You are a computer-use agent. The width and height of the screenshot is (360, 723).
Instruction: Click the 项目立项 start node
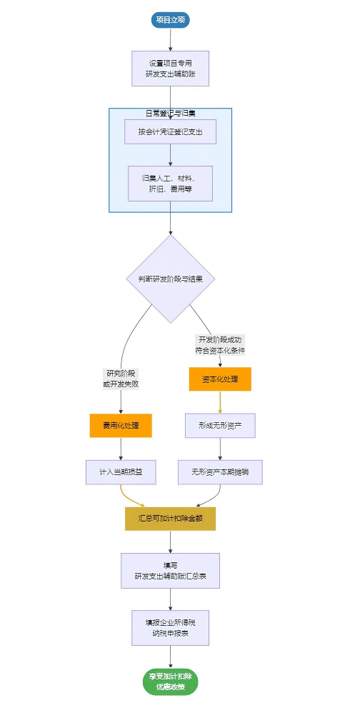coord(170,20)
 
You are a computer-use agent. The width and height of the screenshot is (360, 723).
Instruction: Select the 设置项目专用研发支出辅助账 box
coord(170,69)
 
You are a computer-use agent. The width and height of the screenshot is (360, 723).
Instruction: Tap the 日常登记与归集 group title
coord(170,113)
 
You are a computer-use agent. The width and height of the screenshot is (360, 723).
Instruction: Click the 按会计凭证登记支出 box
coord(170,131)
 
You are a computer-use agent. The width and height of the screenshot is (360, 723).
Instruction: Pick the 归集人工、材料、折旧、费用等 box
coord(170,183)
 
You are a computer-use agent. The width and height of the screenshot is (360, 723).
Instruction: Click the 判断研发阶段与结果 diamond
coord(170,279)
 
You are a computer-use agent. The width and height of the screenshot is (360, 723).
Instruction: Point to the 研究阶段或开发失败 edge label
coord(121,378)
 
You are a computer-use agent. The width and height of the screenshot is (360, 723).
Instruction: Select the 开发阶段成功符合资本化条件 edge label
coord(220,344)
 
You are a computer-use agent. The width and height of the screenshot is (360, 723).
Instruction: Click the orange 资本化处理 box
coord(220,379)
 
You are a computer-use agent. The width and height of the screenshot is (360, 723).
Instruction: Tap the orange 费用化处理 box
coord(121,426)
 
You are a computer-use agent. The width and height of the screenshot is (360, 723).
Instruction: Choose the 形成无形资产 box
coord(220,426)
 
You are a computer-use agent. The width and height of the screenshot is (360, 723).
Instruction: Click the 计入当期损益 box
coord(121,472)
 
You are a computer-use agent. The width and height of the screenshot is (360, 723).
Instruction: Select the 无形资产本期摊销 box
coord(220,472)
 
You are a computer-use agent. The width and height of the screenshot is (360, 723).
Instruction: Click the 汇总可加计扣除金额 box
coord(170,518)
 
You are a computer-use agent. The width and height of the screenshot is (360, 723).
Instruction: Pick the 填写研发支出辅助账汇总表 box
coord(170,570)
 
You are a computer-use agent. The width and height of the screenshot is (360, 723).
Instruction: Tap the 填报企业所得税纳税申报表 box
coord(170,627)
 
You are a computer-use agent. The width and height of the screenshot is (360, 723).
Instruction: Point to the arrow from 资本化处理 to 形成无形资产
coord(220,402)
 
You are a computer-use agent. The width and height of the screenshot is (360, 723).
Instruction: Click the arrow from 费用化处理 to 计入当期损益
coord(121,448)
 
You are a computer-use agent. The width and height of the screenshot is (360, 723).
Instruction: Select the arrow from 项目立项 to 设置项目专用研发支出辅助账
coord(170,39)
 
